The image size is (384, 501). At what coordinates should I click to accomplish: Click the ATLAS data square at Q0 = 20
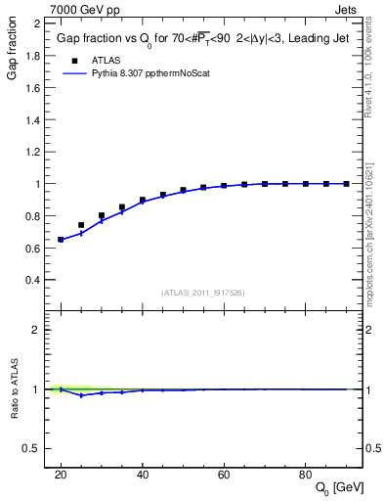(61, 239)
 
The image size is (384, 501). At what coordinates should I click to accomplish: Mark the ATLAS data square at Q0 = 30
(102, 215)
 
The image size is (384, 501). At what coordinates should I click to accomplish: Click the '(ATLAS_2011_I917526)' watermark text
(204, 292)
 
